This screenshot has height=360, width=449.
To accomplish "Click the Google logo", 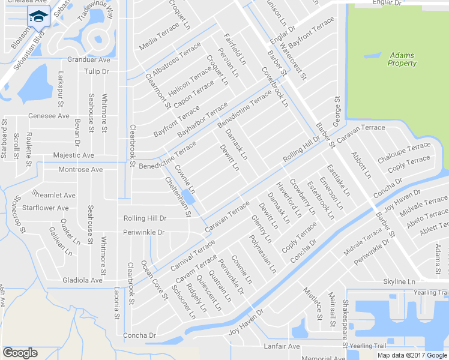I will (20, 353).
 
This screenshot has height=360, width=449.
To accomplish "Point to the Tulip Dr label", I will (96, 71).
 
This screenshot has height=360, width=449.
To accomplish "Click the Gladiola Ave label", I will (82, 280).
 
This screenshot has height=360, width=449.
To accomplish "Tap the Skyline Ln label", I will (399, 281).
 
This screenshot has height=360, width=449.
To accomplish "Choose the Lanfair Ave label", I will (282, 347).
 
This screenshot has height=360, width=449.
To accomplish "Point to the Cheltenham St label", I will (178, 196).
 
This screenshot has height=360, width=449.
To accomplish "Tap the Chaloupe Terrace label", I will (404, 153).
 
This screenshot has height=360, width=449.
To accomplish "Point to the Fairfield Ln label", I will (235, 49).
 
